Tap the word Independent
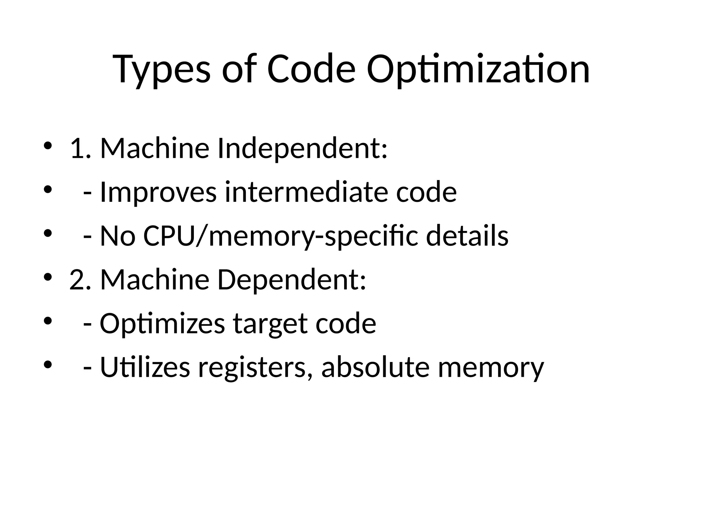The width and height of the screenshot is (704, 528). point(302,148)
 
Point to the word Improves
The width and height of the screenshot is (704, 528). point(158,192)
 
